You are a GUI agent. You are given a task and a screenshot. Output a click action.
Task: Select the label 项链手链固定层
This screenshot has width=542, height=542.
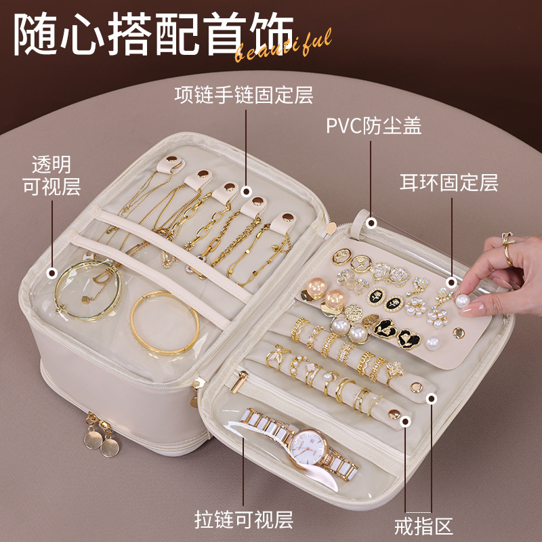coord(244,95)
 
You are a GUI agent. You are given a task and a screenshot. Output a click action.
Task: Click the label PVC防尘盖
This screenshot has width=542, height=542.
coord(374,127)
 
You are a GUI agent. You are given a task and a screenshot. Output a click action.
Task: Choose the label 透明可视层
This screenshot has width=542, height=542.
coord(52,175)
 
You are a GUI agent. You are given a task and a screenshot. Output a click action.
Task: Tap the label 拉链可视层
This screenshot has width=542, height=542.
coord(245,520)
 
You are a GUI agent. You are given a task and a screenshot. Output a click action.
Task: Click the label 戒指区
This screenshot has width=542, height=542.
coord(423,525)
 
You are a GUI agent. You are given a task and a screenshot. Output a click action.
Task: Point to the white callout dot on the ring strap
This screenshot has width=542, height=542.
coord(406,421)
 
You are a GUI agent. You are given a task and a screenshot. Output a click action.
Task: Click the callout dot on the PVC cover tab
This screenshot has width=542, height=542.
coord(371,222)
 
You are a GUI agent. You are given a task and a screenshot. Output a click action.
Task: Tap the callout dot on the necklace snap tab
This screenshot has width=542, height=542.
coord(246,193)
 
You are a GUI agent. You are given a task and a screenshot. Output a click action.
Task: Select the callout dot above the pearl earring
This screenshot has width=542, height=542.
coord(451,280)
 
